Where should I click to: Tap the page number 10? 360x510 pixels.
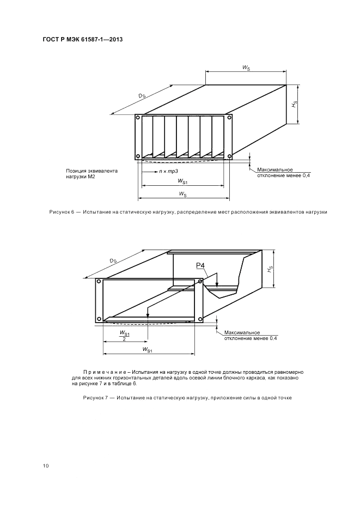point(45,465)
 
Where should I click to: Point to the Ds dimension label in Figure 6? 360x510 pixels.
point(142,96)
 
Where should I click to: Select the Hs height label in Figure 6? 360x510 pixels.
point(294,104)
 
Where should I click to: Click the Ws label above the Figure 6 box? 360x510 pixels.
point(247,67)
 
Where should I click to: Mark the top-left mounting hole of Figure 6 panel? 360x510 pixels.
point(138,117)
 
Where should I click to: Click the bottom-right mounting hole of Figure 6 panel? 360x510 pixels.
point(229,157)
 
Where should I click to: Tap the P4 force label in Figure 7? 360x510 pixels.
point(200,265)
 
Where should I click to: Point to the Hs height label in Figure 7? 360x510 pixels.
point(270,269)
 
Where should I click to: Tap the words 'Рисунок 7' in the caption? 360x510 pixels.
point(95,398)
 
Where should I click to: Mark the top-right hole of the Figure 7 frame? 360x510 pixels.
point(200,282)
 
